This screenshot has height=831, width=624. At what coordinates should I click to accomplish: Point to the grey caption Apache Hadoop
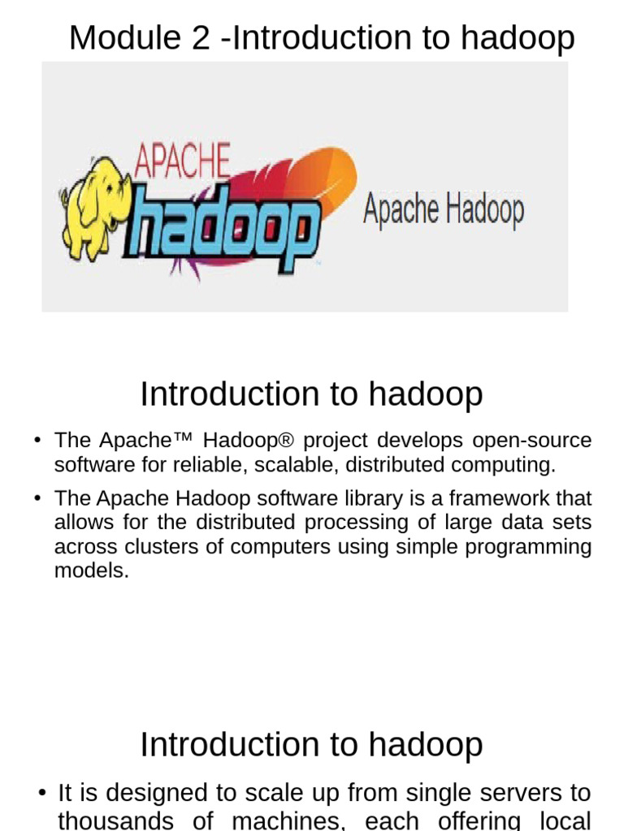pos(443,209)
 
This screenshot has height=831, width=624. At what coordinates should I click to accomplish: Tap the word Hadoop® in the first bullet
pos(245,441)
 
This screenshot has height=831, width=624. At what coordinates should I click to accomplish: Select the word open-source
pos(532,441)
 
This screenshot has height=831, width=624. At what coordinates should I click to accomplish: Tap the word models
pos(91,571)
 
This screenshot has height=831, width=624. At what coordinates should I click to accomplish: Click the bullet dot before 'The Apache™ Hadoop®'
pos(37,441)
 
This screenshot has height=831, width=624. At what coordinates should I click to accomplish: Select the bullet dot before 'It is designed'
pos(41,793)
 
